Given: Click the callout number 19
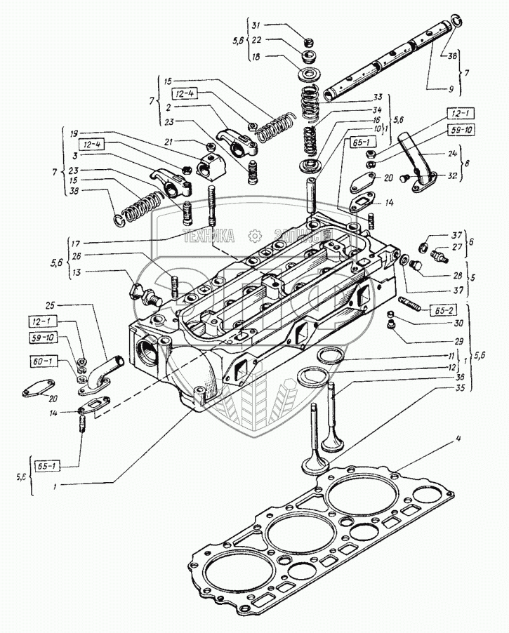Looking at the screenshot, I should point(73,132).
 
